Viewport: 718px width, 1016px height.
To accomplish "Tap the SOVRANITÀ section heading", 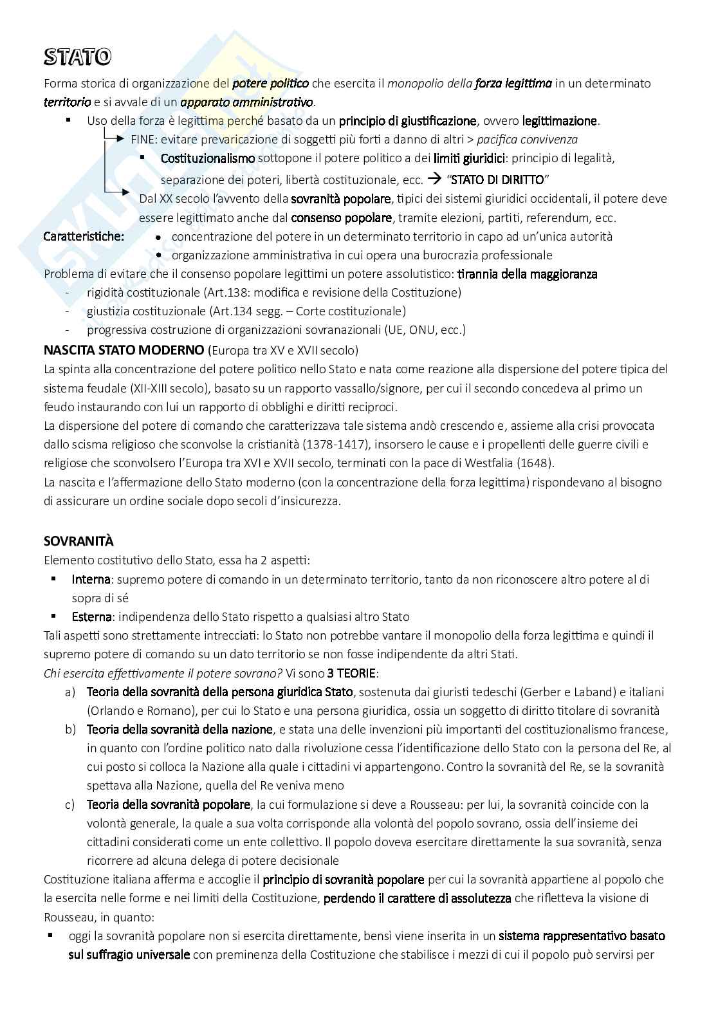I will pos(78,541).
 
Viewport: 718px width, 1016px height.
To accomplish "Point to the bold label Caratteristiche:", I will pos(84,236).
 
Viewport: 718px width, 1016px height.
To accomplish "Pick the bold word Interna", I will pos(91,579).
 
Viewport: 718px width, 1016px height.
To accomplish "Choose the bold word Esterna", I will pos(91,617).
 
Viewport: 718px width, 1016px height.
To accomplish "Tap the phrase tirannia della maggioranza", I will pos(527,274).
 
